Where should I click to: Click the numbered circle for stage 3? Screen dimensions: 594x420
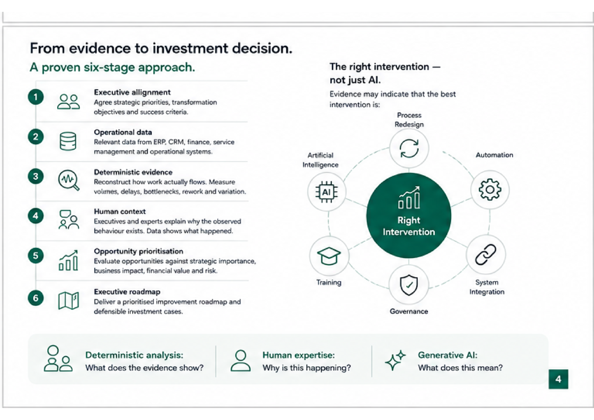tap(36, 176)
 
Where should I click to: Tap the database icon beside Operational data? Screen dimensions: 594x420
tap(68, 141)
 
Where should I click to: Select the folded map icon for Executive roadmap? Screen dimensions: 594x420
tap(69, 300)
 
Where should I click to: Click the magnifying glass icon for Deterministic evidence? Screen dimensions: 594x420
tap(69, 180)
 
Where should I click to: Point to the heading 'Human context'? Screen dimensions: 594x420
tap(120, 212)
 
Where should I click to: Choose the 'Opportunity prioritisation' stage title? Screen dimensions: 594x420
tap(138, 251)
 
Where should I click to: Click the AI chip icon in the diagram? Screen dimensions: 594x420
tap(327, 192)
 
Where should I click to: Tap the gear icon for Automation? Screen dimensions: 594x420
tap(490, 190)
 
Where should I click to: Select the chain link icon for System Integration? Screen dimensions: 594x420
tap(486, 254)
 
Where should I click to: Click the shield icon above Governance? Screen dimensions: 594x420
tap(409, 285)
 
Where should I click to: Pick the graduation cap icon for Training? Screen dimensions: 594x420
tap(329, 256)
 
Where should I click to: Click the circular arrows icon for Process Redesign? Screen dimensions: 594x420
tap(409, 148)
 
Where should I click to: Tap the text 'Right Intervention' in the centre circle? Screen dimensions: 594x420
tap(409, 226)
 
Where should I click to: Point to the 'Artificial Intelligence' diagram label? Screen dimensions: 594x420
tap(320, 160)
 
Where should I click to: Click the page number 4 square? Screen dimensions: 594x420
tap(558, 379)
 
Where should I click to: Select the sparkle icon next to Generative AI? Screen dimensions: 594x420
tap(395, 360)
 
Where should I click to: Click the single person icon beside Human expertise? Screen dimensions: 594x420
tap(240, 361)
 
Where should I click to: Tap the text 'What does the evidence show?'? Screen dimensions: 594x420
tap(144, 368)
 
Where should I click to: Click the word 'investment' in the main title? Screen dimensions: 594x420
tap(190, 48)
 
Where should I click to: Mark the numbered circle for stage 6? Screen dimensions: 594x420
tap(36, 298)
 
